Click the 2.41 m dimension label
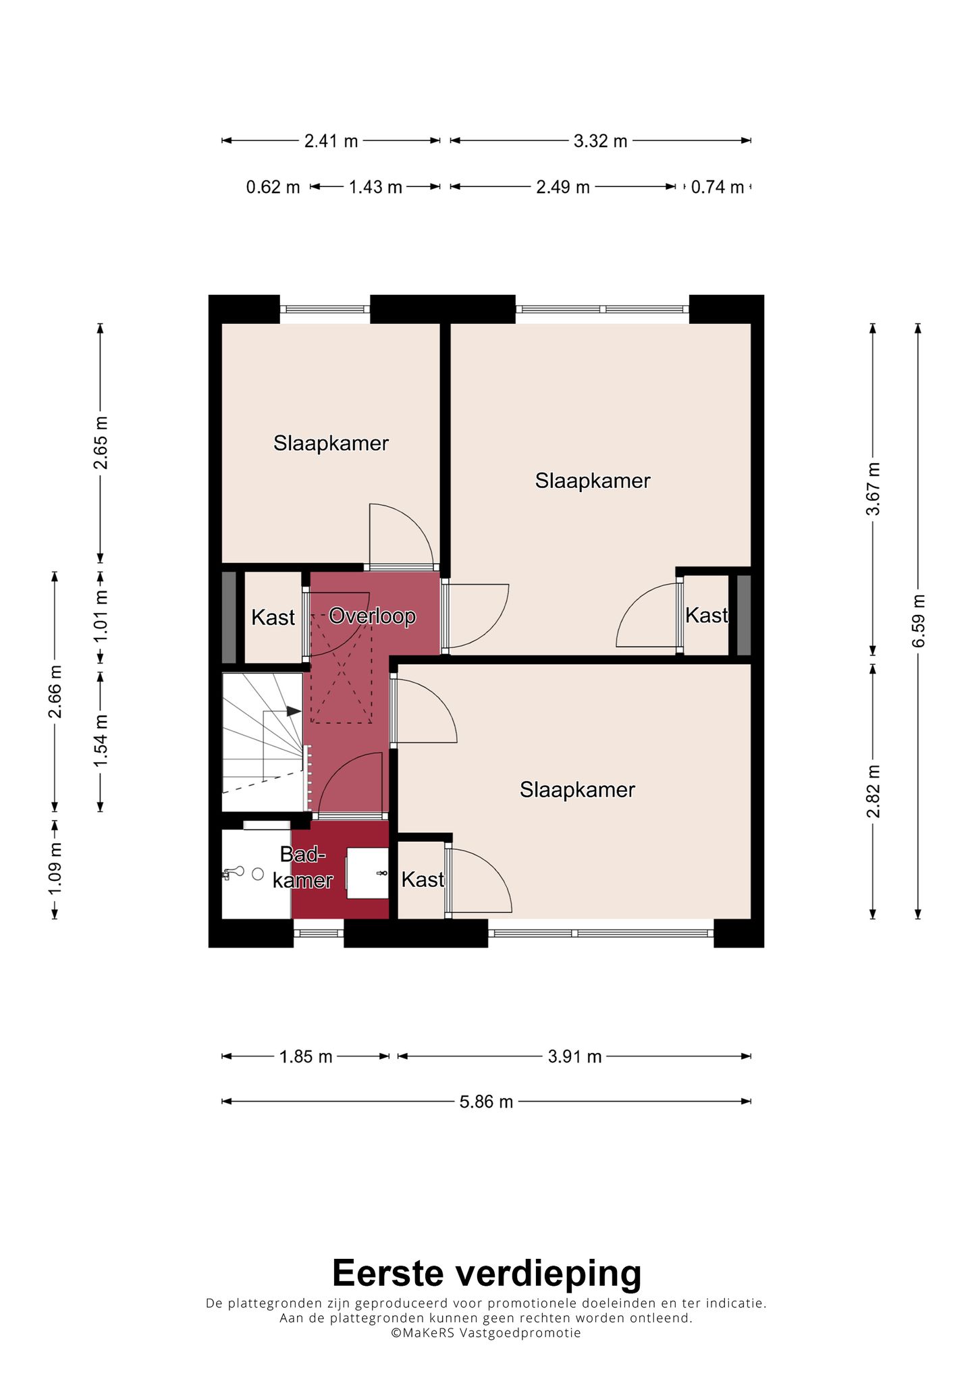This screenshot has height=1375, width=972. coord(331,141)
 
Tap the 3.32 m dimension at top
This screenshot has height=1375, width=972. coord(600,141)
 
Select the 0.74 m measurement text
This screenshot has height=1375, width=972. coord(717,187)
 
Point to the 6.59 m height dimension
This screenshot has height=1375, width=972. coord(918,621)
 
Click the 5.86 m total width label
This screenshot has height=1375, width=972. coord(486,1102)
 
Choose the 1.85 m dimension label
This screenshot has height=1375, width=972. coord(306,1056)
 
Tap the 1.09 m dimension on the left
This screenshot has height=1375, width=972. coord(55,869)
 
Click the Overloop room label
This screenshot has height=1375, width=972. coord(372,616)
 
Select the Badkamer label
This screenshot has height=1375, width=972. coord(302,867)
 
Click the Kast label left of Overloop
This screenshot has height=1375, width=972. coord(273,617)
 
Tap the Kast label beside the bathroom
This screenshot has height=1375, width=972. coord(423,879)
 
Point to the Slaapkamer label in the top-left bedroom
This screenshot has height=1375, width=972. coord(331,443)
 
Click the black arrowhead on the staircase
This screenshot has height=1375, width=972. coord(294,711)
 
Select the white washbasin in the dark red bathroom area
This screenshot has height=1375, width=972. coord(367,873)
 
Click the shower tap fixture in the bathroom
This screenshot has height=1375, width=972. coord(233,873)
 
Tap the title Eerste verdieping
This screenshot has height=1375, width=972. coord(487,1273)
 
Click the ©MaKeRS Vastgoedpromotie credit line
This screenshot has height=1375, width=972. coord(486,1333)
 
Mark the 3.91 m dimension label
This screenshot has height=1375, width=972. coord(574,1056)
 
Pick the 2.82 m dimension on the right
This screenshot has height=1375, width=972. coord(873,791)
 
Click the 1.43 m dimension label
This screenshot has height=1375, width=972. coord(375,187)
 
